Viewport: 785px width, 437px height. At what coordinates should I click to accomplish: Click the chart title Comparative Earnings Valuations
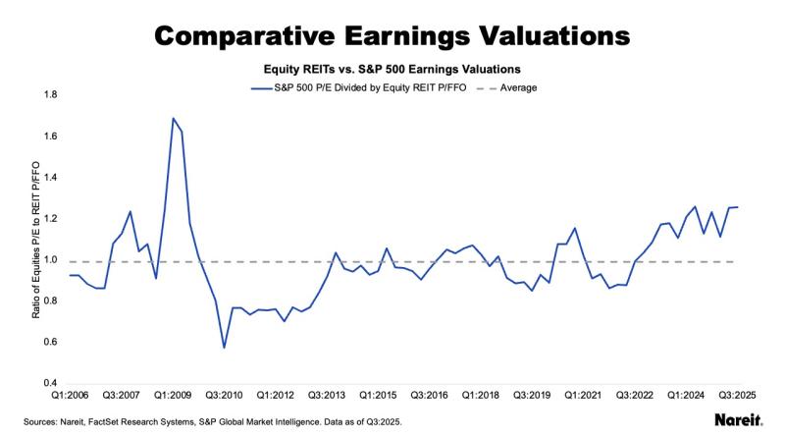click(392, 35)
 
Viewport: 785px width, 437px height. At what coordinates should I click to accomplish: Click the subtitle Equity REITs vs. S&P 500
click(392, 71)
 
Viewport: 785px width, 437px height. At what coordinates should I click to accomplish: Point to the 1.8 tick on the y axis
click(49, 95)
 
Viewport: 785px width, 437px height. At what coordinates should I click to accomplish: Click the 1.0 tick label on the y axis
click(49, 260)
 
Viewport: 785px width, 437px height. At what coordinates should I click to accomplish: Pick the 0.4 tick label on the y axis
click(49, 383)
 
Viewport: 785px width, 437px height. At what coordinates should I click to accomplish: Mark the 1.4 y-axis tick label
click(49, 178)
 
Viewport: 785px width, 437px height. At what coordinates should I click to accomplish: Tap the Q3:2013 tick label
click(327, 396)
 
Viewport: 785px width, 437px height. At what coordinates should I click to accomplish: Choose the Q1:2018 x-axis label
click(480, 396)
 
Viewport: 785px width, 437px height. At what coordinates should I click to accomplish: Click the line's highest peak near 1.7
click(174, 118)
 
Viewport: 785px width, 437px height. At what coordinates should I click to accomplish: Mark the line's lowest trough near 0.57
click(224, 348)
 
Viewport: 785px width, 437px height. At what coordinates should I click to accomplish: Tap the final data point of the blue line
click(738, 207)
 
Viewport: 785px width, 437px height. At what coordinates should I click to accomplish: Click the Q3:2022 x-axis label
click(636, 396)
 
